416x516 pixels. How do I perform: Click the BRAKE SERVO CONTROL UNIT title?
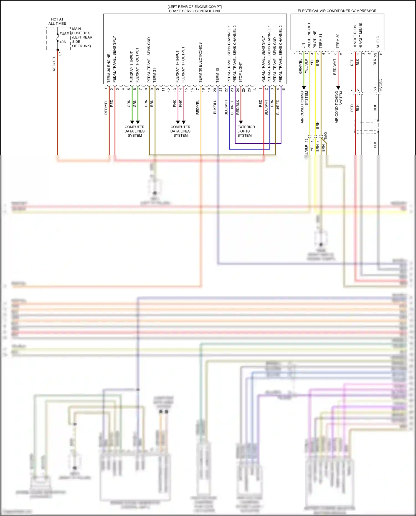[195, 11]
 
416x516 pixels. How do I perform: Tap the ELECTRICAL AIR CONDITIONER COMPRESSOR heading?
[337, 11]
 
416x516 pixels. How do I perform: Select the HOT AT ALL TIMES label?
[57, 21]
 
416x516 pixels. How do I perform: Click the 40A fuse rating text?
[63, 42]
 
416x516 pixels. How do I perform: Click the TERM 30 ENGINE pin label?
[109, 68]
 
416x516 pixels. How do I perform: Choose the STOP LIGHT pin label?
[240, 72]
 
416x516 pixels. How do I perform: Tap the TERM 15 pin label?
[217, 75]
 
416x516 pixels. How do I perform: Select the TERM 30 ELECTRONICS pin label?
[200, 62]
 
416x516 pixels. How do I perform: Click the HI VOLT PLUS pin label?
[355, 37]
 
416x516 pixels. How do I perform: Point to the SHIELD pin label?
[378, 42]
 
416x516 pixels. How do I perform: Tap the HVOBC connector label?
[381, 85]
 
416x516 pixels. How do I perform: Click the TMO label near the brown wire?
[326, 136]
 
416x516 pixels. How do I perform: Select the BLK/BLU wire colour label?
[215, 107]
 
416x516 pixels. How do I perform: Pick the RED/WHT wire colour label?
[335, 67]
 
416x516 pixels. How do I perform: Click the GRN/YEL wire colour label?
[300, 67]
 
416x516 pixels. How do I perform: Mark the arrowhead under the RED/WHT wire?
[338, 88]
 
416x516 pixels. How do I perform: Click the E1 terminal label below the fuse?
[60, 54]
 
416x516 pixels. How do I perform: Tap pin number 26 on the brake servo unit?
[249, 90]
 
